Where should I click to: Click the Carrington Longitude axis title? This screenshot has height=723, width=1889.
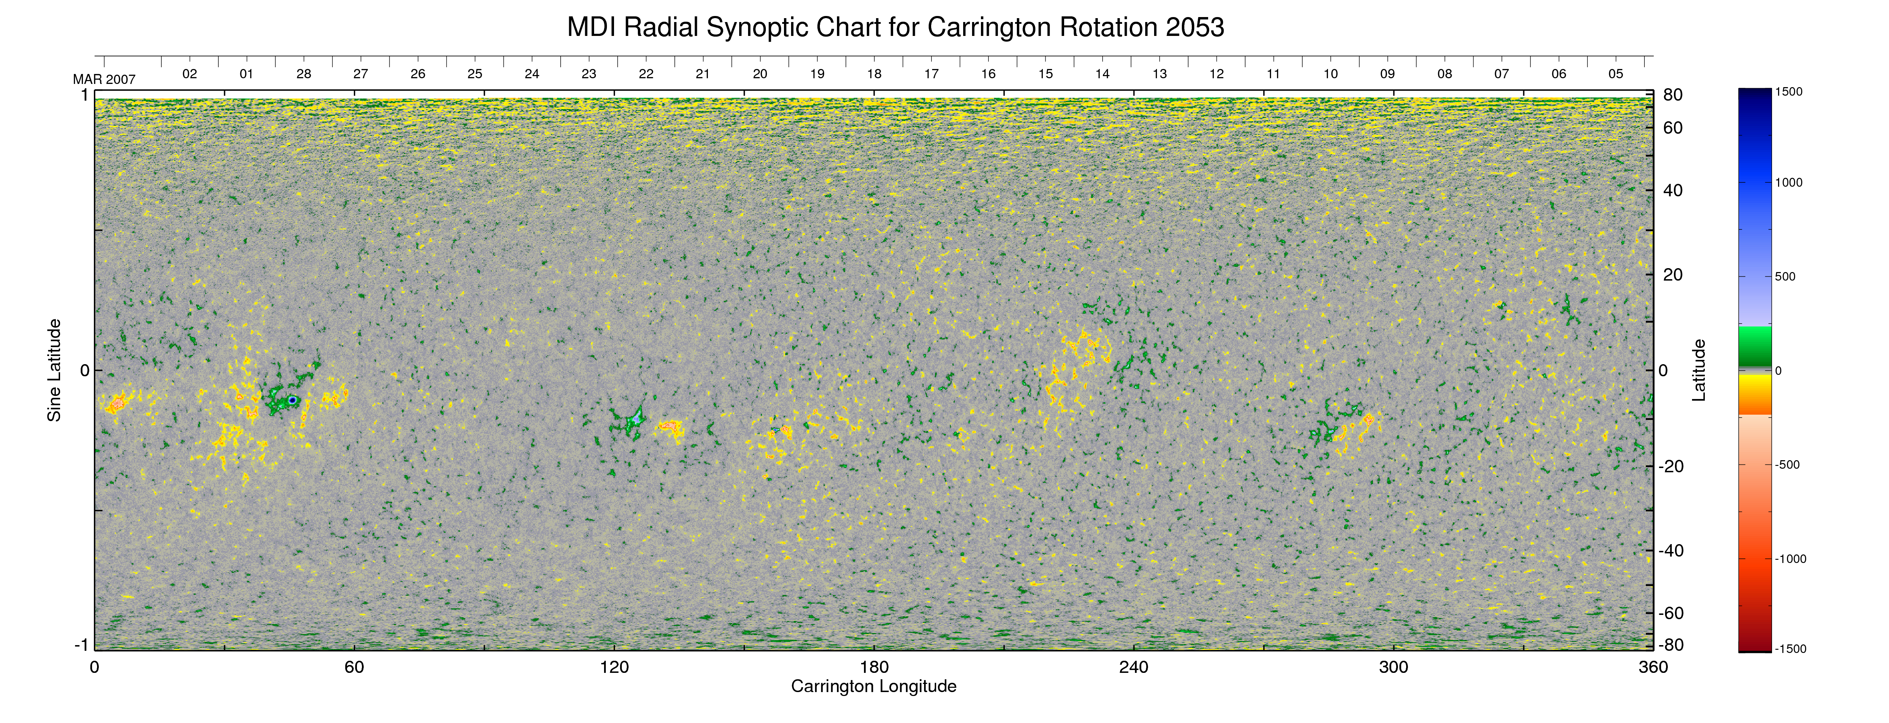pyautogui.click(x=873, y=686)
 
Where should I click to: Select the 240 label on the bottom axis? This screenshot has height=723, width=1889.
pyautogui.click(x=1134, y=667)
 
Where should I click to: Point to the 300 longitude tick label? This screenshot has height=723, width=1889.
pyautogui.click(x=1393, y=667)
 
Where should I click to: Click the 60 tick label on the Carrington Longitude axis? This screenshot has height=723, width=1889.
pyautogui.click(x=354, y=667)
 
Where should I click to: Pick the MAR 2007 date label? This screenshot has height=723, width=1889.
pyautogui.click(x=104, y=79)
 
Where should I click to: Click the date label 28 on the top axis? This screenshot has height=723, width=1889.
pyautogui.click(x=304, y=74)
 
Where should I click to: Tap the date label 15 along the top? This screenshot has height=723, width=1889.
pyautogui.click(x=1045, y=74)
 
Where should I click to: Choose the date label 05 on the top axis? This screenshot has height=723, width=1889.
pyautogui.click(x=1616, y=74)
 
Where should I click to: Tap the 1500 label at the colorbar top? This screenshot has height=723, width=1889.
pyautogui.click(x=1788, y=92)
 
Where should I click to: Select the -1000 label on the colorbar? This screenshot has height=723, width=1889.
pyautogui.click(x=1790, y=559)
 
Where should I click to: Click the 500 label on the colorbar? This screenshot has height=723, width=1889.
pyautogui.click(x=1785, y=276)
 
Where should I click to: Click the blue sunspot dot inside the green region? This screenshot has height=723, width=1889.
pyautogui.click(x=292, y=400)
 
